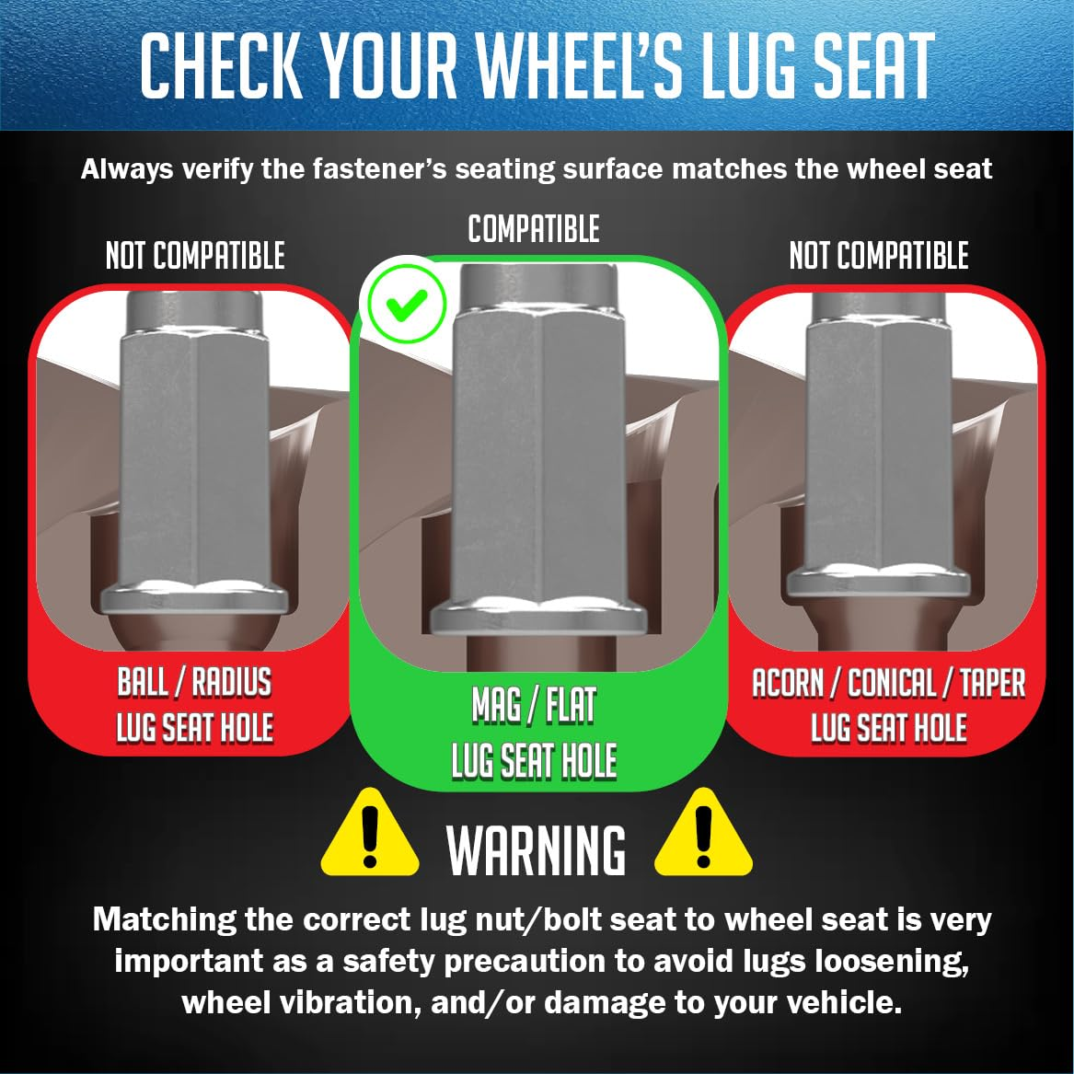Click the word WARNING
(537, 850)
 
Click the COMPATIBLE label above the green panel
(534, 229)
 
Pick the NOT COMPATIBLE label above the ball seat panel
(195, 256)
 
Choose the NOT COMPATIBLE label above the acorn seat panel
(879, 256)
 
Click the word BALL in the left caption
(144, 682)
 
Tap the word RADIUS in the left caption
(232, 682)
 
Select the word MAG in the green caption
(496, 706)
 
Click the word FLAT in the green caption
(570, 706)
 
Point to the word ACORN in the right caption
(788, 684)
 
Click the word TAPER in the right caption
(992, 684)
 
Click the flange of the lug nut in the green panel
(538, 617)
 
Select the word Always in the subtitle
(127, 169)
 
